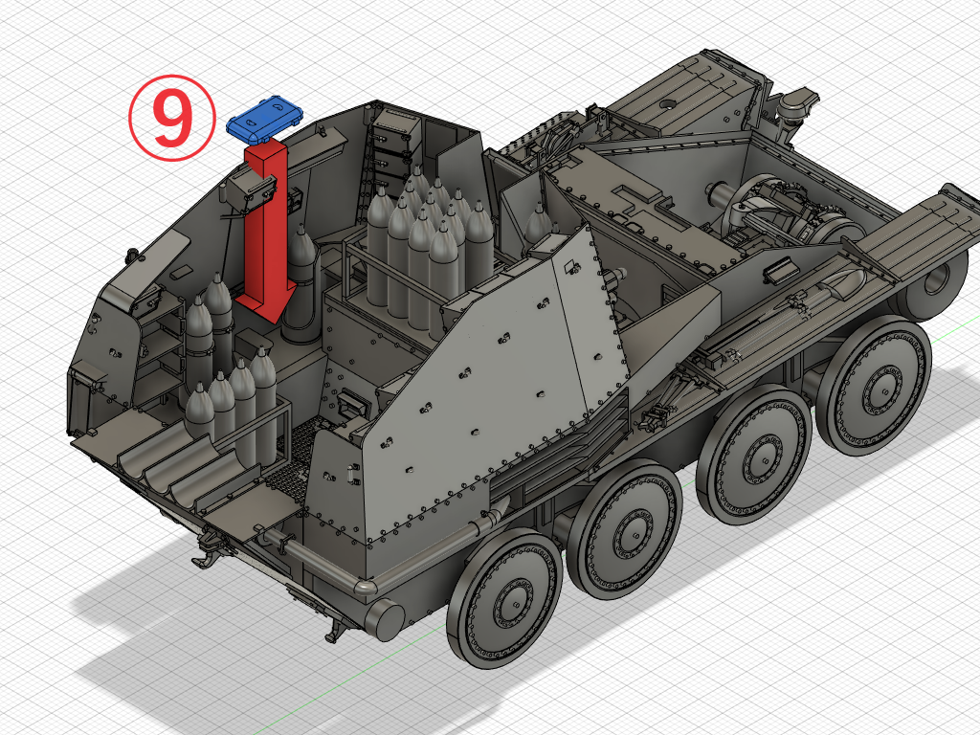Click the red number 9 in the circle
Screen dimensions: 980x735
170,119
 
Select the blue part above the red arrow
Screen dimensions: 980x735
264,118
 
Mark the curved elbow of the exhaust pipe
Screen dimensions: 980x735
366,587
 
